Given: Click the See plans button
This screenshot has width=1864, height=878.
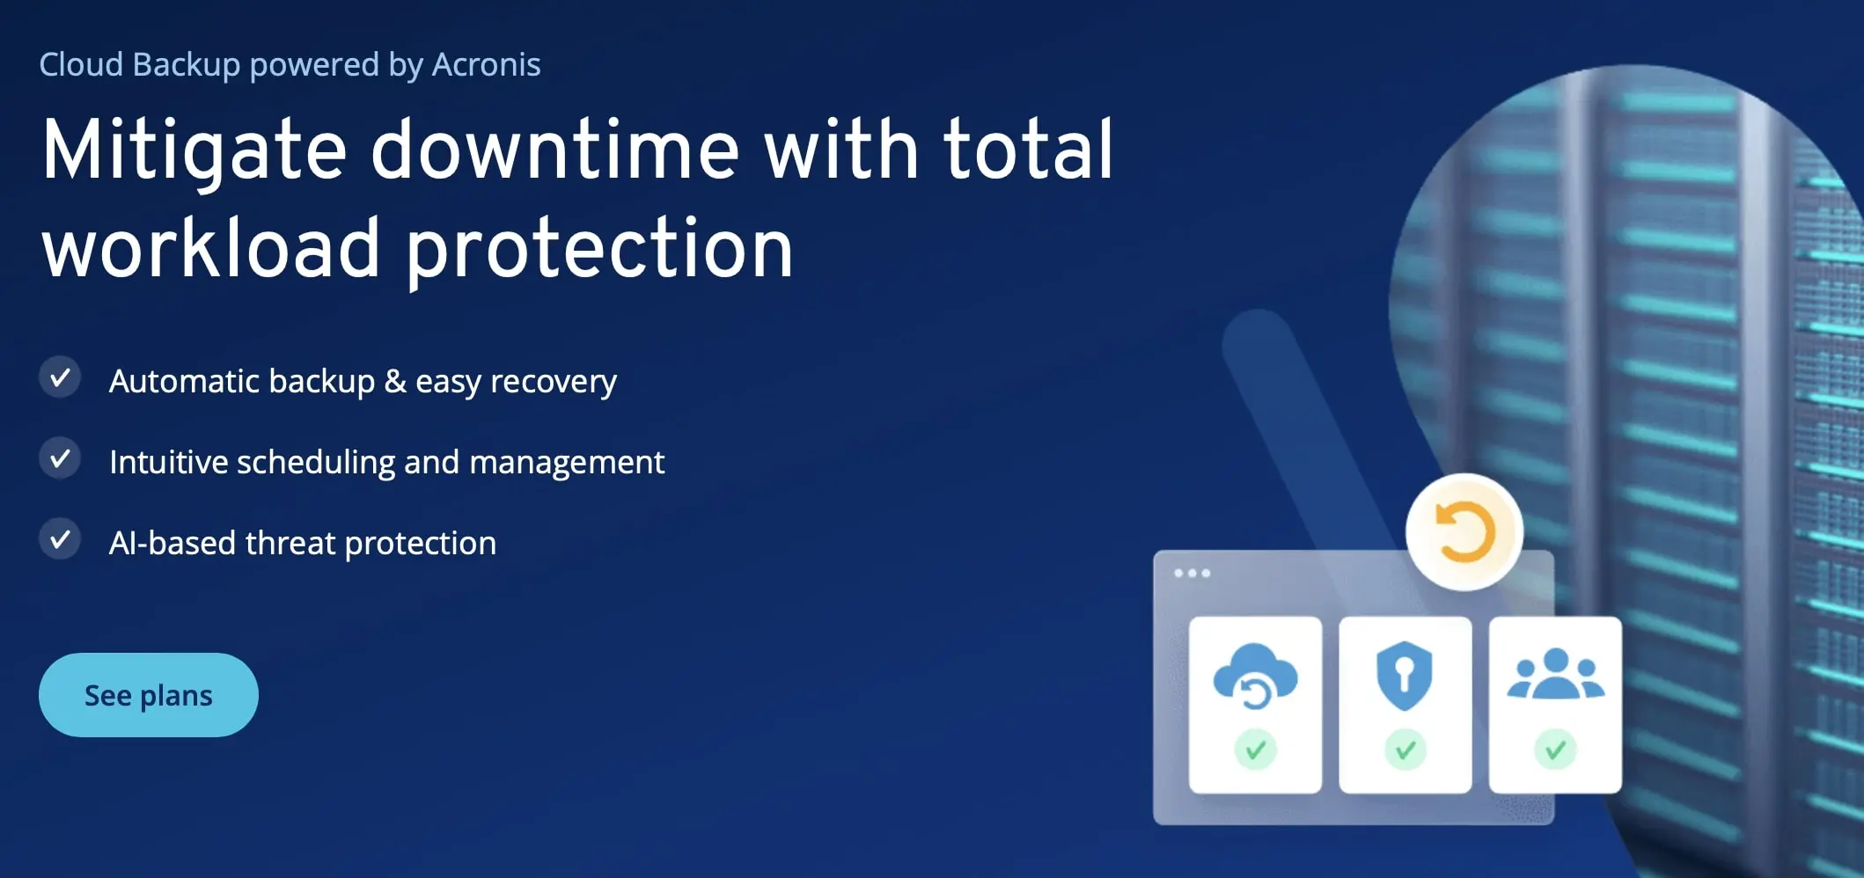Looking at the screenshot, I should [x=148, y=695].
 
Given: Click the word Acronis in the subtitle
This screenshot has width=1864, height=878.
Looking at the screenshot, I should [x=486, y=64].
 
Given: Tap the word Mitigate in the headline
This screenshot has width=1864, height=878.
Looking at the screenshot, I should [x=194, y=151].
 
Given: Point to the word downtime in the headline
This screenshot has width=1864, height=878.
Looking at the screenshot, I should [x=554, y=151].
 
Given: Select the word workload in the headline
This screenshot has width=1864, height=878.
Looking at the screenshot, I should [x=211, y=250].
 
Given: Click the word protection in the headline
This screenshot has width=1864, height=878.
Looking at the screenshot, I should [x=599, y=250].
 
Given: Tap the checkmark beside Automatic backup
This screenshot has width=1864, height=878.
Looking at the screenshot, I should [x=60, y=378].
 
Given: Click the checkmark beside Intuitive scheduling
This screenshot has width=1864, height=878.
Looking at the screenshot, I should [x=60, y=459].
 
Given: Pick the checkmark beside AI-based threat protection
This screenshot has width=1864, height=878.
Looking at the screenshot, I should [x=60, y=540].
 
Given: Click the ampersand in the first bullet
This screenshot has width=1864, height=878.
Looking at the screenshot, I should [x=395, y=381].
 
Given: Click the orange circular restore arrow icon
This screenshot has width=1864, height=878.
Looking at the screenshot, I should [x=1464, y=532].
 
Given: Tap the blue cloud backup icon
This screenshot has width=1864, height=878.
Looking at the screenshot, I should [x=1255, y=676].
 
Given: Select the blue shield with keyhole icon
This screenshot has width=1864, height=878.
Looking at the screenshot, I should [x=1405, y=675].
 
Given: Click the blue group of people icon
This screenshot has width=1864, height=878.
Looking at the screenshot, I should [x=1555, y=675].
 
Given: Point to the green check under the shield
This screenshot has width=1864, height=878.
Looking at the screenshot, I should [x=1405, y=750].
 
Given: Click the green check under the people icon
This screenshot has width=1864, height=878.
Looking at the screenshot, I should [x=1555, y=750].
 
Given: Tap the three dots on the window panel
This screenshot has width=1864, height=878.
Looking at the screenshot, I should [x=1192, y=574].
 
